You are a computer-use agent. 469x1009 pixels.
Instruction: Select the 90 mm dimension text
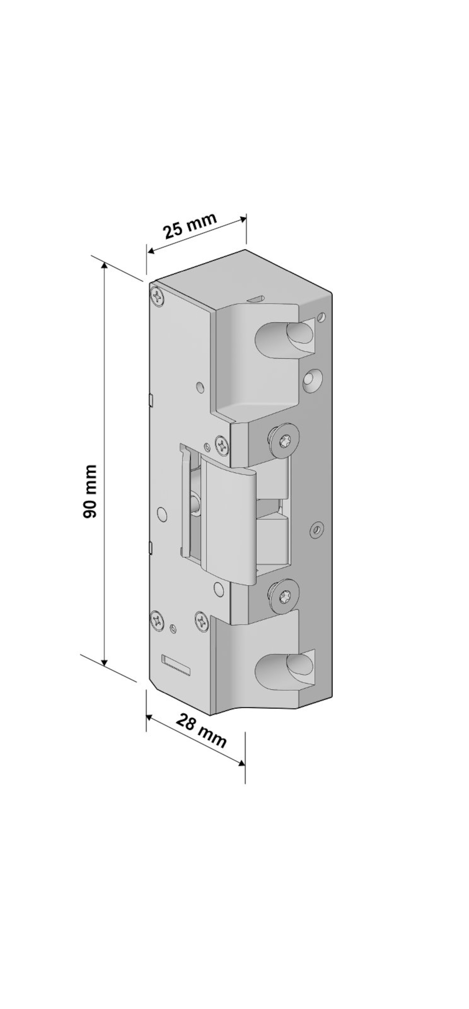[x=90, y=492]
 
